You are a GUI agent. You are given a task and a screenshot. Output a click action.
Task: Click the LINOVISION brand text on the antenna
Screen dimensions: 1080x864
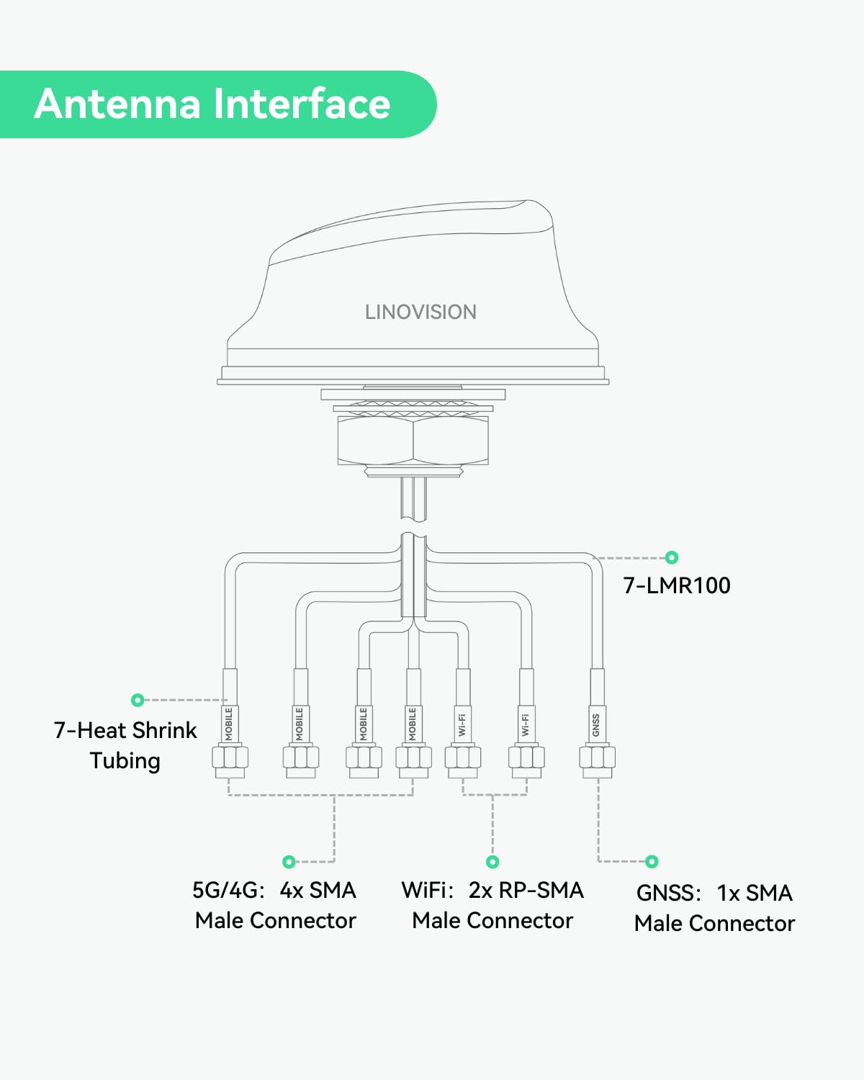tap(420, 312)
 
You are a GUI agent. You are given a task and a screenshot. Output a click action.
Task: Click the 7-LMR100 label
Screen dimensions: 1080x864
tap(677, 585)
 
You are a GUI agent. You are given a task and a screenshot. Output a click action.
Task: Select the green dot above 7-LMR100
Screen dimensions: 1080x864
tap(672, 557)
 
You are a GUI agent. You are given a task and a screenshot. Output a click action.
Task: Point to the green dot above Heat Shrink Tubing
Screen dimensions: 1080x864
tap(138, 700)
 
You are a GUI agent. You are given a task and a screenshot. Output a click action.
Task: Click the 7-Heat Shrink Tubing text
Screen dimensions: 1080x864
tap(125, 745)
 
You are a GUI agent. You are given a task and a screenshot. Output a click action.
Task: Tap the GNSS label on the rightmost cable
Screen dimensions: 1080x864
tap(596, 724)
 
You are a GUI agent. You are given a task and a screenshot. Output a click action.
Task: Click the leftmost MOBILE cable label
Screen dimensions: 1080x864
tap(230, 724)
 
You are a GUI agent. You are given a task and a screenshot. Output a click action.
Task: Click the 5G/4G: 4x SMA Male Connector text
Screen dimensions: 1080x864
tap(275, 905)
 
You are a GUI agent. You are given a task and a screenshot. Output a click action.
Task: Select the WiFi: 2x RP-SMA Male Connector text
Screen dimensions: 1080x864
tap(492, 905)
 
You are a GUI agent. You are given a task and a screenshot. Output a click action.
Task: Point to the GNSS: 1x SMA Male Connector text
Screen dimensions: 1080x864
tap(714, 908)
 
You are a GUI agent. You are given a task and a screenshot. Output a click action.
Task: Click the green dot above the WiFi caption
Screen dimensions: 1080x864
tap(492, 862)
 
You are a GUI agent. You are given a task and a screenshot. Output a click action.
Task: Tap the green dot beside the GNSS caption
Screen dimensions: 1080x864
tap(652, 862)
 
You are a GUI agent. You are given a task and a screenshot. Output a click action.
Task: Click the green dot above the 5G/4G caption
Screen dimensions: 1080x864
tap(289, 862)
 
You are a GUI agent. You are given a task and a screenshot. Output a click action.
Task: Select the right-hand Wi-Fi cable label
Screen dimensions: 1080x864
tap(526, 724)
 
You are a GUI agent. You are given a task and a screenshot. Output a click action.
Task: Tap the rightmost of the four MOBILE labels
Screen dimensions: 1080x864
tap(413, 724)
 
